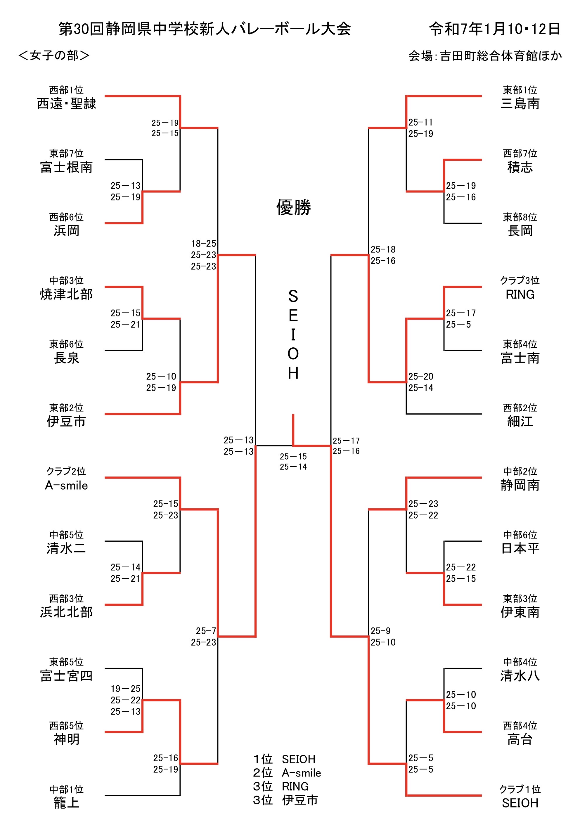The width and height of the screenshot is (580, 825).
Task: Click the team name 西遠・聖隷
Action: (x=67, y=104)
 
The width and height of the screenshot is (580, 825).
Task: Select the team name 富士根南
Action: (x=67, y=167)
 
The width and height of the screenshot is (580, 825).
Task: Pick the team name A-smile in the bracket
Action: (x=67, y=486)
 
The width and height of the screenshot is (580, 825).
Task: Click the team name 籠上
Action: (x=67, y=803)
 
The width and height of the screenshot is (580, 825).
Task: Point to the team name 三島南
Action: (x=520, y=104)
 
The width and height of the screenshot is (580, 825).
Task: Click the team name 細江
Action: (x=520, y=422)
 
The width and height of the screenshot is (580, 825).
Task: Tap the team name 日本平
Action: (x=520, y=549)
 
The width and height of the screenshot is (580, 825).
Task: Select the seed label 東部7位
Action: (x=67, y=154)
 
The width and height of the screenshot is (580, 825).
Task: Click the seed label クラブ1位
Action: (x=520, y=789)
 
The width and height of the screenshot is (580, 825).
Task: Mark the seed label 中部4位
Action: (x=520, y=662)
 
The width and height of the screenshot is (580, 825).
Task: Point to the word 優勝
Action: (x=294, y=208)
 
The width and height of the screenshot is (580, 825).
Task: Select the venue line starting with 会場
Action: (x=485, y=56)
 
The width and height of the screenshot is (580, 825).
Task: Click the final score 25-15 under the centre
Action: (x=293, y=457)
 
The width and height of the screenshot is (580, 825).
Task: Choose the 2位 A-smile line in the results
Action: (x=287, y=773)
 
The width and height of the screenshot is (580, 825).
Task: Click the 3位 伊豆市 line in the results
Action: (x=285, y=800)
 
